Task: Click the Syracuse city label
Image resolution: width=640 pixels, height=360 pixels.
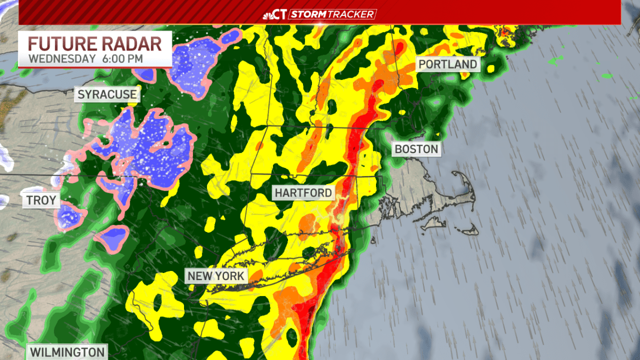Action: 107,95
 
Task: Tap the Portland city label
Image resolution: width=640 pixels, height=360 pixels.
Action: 447,65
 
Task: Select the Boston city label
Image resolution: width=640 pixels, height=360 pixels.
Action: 417,149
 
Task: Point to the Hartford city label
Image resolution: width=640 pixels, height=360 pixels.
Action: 303,193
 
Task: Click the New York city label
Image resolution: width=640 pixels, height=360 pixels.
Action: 215,276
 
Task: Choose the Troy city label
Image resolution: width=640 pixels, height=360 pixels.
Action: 42,201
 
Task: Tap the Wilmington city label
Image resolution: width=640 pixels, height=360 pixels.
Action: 67,352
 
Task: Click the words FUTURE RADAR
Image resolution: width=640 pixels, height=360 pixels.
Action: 95,43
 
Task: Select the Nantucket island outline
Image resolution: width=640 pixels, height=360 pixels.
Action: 469,230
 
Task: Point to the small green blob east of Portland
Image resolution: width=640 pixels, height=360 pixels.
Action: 606,76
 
